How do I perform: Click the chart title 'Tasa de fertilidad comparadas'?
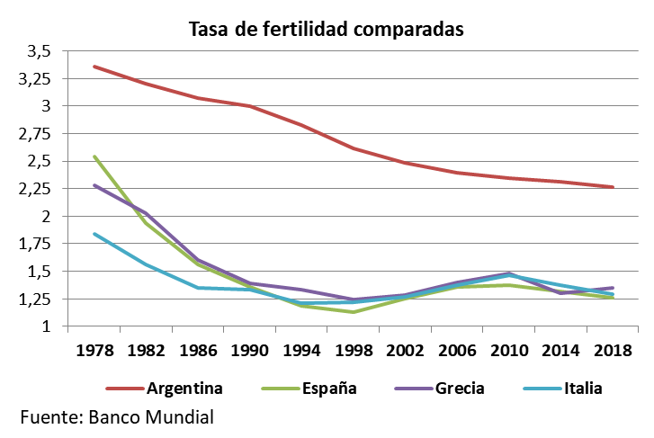(326, 29)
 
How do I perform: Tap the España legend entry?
(328, 389)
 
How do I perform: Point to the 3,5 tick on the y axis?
(40, 50)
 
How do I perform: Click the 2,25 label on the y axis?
(34, 189)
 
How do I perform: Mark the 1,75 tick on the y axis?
(34, 244)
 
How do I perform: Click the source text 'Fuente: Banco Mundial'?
(117, 417)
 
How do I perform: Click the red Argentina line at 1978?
(94, 66)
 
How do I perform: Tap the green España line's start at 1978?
(94, 156)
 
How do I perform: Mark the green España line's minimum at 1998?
(353, 312)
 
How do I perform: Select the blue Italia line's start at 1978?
(94, 233)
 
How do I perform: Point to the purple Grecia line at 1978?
(94, 184)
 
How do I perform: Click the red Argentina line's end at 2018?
(613, 187)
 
